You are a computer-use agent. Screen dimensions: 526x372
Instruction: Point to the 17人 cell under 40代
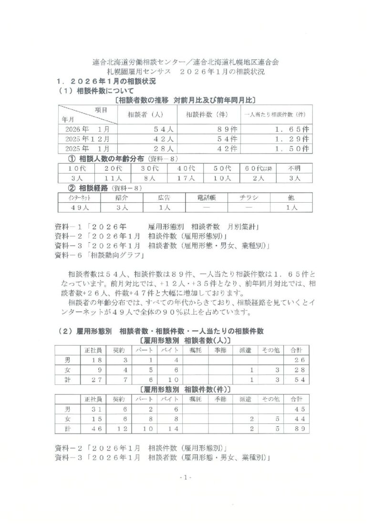186,178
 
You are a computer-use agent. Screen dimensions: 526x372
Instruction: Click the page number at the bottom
186,477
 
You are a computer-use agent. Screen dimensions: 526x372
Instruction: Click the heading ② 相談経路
98,188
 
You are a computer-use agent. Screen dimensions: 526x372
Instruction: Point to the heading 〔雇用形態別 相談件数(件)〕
186,389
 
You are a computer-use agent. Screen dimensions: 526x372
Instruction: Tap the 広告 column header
164,197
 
